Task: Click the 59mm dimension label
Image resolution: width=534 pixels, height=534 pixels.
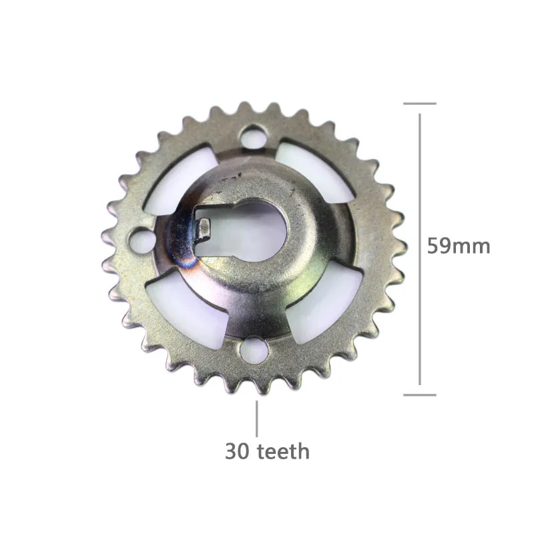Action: [459, 246]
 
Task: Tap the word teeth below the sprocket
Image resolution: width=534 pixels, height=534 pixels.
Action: [283, 452]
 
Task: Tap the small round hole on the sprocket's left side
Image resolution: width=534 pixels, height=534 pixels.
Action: [142, 240]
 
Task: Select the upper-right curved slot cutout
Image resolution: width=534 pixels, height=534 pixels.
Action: [315, 172]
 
